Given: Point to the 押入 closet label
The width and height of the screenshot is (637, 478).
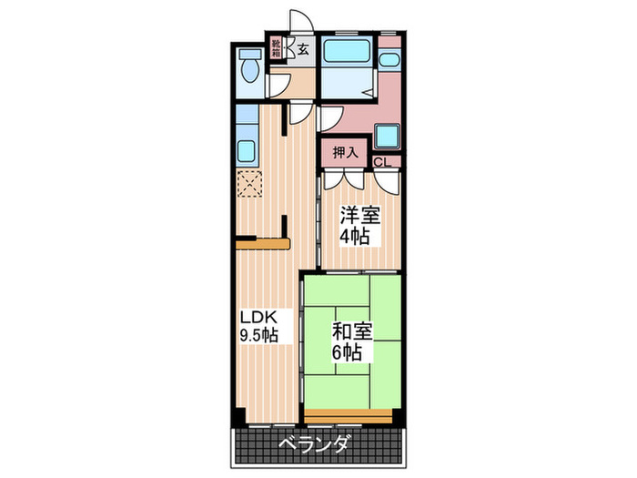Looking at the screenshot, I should click(x=344, y=152).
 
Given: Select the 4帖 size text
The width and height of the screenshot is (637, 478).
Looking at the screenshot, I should click(x=356, y=238).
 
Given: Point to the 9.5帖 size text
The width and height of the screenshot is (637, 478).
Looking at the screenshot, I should click(x=258, y=336).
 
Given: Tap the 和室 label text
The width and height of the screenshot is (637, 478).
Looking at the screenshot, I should click(x=350, y=331).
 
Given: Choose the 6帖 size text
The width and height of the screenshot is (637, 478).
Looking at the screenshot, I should click(x=345, y=352).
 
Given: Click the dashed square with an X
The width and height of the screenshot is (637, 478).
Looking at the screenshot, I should click(x=248, y=184).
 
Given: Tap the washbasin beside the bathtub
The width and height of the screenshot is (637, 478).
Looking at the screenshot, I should click(x=389, y=62).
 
